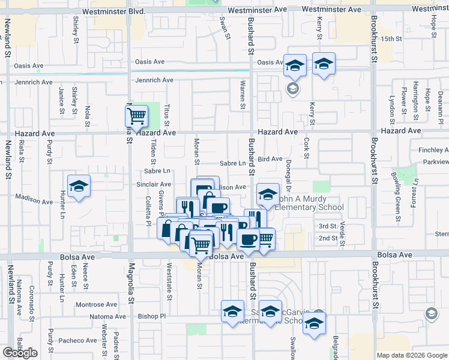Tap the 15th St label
(x=391, y=38)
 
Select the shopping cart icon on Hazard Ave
(x=137, y=115)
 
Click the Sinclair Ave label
(x=155, y=184)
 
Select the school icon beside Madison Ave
(x=79, y=187)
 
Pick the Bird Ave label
(x=270, y=159)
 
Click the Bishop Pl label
(x=151, y=316)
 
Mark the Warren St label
(x=243, y=95)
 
